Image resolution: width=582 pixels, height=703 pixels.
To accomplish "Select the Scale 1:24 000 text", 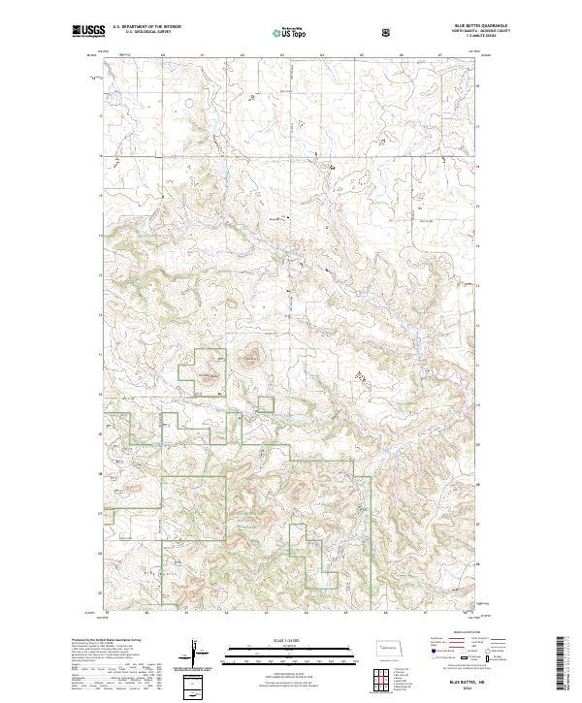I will (x=291, y=641).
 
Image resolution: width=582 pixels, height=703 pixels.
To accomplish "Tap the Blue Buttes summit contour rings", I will (x=251, y=357).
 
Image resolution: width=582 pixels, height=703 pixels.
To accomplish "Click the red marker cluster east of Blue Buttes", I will (x=360, y=372).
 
